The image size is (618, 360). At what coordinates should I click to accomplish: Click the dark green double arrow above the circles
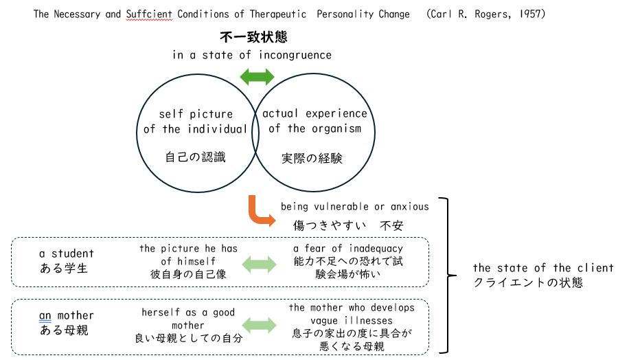click(x=257, y=76)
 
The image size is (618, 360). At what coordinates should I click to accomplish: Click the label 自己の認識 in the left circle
click(x=196, y=157)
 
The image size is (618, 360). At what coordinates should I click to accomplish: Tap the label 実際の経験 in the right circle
click(x=312, y=158)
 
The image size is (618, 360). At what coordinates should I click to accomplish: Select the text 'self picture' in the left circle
click(x=196, y=114)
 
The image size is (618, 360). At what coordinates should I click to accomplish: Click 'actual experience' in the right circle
click(x=314, y=113)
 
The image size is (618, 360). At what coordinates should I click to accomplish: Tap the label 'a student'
click(x=67, y=254)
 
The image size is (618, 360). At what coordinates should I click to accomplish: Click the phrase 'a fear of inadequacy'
click(x=347, y=248)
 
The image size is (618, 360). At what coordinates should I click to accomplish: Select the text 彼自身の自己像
click(x=188, y=274)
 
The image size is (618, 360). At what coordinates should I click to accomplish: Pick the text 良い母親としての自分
click(x=188, y=338)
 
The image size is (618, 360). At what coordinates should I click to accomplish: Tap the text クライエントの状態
click(x=528, y=282)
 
